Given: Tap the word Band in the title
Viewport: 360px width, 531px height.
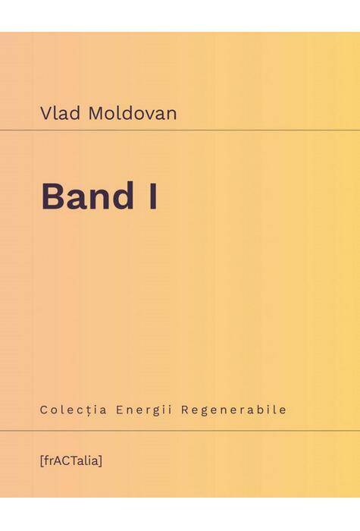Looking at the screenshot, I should [86, 196].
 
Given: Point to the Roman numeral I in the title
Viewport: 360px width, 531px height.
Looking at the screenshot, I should [153, 196].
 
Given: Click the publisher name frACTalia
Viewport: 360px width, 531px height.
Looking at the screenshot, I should [73, 460].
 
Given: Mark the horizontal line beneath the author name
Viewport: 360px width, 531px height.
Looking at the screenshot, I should [180, 130].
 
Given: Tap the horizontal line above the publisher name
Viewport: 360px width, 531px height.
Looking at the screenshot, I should [180, 431].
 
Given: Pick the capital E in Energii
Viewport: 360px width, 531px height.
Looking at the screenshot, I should [121, 410].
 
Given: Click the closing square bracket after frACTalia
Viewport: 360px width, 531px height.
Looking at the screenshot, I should [102, 460].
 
